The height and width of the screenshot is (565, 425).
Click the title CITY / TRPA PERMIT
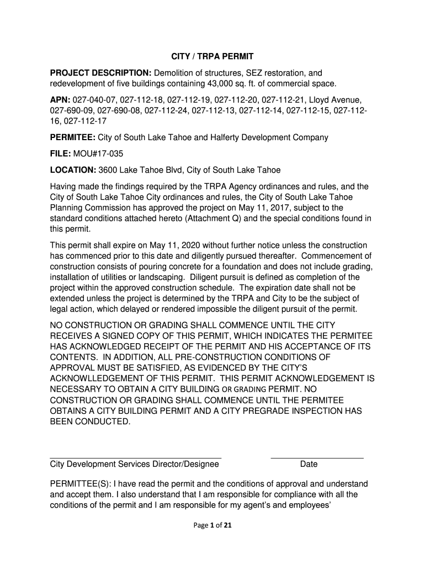click(211, 57)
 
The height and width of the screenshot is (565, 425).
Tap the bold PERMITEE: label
click(72, 137)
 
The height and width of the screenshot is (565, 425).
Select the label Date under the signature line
click(309, 465)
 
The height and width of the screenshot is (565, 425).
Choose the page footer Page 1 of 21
click(212, 526)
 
